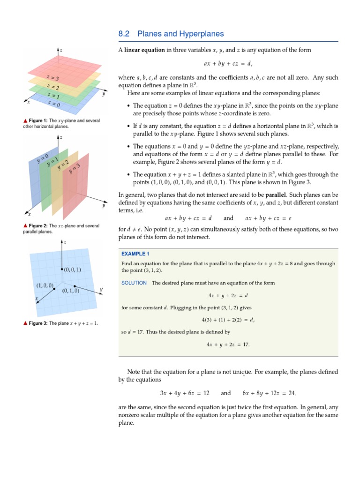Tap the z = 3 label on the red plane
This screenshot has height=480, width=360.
[x=52, y=77]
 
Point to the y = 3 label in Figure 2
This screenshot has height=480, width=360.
[x=75, y=169]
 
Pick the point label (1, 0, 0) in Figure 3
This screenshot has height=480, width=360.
[x=45, y=285]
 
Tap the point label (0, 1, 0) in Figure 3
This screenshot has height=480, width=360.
[x=71, y=291]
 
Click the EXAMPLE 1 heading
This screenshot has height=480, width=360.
[x=135, y=254]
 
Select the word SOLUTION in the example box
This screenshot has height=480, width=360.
[x=134, y=283]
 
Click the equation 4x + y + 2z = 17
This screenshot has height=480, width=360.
[x=228, y=345]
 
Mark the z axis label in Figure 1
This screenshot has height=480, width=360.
[x=61, y=50]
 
